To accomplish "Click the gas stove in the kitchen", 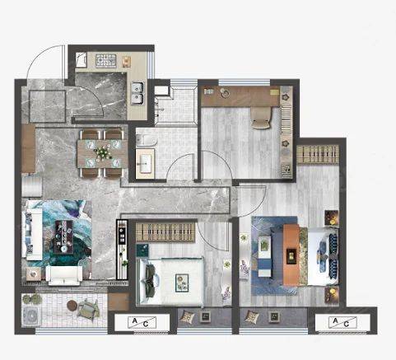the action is (x=106, y=60).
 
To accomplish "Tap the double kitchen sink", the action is (x=137, y=93).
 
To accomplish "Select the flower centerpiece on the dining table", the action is (x=103, y=152).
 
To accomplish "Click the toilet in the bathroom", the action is (x=147, y=141).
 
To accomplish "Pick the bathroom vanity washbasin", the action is (x=145, y=163).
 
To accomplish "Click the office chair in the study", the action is (x=261, y=118).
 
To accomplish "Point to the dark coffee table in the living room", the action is (x=63, y=236).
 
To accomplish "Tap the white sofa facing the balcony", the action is (x=64, y=275).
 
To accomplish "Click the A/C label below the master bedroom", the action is (x=342, y=322).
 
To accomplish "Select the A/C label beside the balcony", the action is (x=142, y=322).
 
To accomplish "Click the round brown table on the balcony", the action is (x=72, y=306).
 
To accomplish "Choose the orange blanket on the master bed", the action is (x=291, y=255).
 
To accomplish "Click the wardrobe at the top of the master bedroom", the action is (x=318, y=155).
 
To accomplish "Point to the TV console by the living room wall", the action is (x=122, y=250).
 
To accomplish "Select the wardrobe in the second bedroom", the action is (x=165, y=231).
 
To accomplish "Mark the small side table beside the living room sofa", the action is (x=33, y=274).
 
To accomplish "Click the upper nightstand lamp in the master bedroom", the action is (x=332, y=217).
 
